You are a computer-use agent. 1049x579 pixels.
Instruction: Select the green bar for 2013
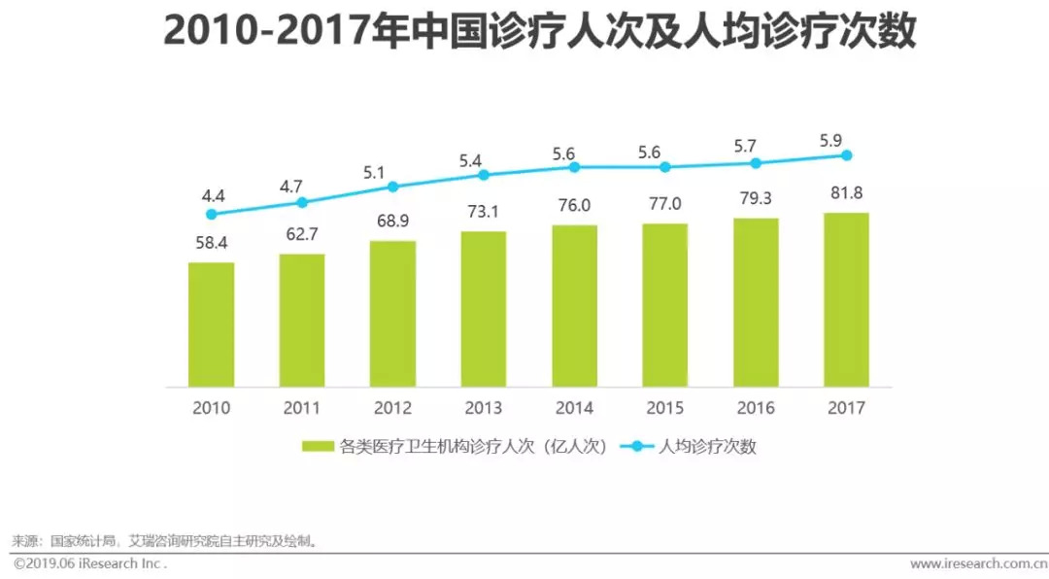pyautogui.click(x=483, y=308)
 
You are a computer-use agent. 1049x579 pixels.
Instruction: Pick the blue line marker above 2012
pyautogui.click(x=392, y=187)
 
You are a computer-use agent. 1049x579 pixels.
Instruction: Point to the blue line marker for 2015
pyautogui.click(x=664, y=167)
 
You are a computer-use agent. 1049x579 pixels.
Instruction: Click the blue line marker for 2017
pyautogui.click(x=846, y=155)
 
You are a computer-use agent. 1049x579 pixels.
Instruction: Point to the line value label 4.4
pyautogui.click(x=212, y=195)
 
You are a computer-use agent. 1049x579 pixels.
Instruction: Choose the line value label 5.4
pyautogui.click(x=483, y=156)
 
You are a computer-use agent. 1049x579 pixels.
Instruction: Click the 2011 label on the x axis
pyautogui.click(x=302, y=408)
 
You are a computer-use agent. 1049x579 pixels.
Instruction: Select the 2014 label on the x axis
pyautogui.click(x=573, y=408)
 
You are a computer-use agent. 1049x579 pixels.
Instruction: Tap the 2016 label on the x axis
pyautogui.click(x=755, y=408)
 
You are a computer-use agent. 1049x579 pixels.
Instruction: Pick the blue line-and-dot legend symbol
pyautogui.click(x=637, y=447)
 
